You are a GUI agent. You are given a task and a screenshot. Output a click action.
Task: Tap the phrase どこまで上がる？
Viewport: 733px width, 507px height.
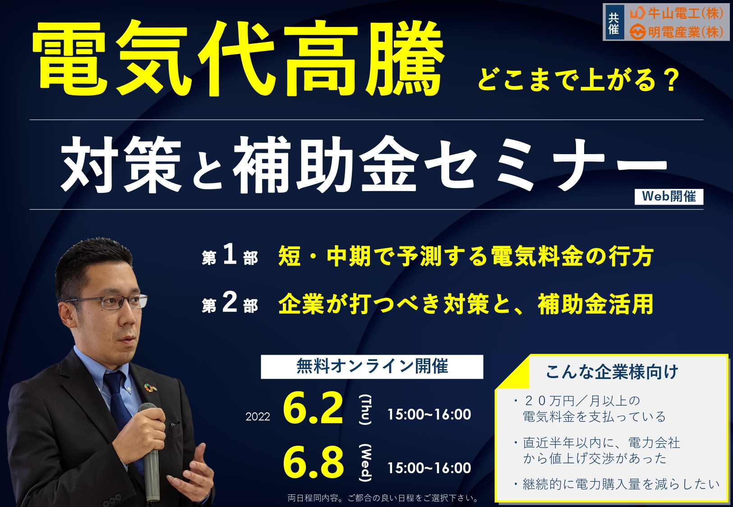[x=576, y=80]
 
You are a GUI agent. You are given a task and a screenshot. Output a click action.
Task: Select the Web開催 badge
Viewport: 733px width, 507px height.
[x=669, y=196]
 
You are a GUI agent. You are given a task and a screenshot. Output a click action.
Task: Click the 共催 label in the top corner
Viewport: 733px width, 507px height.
[x=613, y=23]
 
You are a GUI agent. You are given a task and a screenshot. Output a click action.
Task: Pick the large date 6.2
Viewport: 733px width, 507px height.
[x=313, y=409]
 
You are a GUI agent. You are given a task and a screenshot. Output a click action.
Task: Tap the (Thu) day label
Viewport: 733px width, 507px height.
[x=365, y=410]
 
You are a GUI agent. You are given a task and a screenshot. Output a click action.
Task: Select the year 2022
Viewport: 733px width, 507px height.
[x=258, y=417]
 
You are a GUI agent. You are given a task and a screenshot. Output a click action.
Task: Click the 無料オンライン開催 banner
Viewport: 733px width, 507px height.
[x=372, y=367]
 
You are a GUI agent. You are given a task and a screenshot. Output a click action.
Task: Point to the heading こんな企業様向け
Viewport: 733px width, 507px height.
[x=612, y=372]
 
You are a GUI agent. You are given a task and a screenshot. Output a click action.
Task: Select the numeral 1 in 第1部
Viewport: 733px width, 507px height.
[x=230, y=255]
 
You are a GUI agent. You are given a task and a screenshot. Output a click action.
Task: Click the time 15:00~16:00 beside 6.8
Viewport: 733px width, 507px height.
[x=429, y=468]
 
